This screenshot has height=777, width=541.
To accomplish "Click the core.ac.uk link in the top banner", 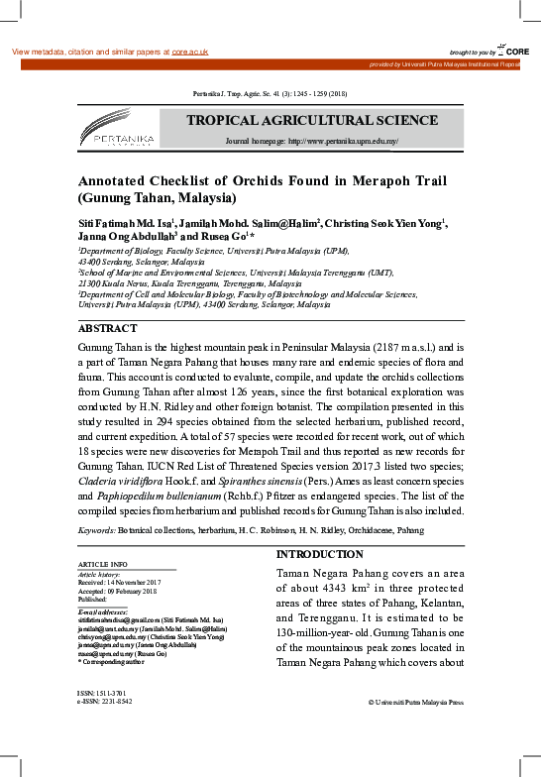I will pos(190,52).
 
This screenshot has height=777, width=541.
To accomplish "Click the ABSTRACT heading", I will pos(107,327).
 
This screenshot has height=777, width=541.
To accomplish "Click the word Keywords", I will pos(96,530).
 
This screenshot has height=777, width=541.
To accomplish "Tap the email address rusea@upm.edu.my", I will pos(106,655).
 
